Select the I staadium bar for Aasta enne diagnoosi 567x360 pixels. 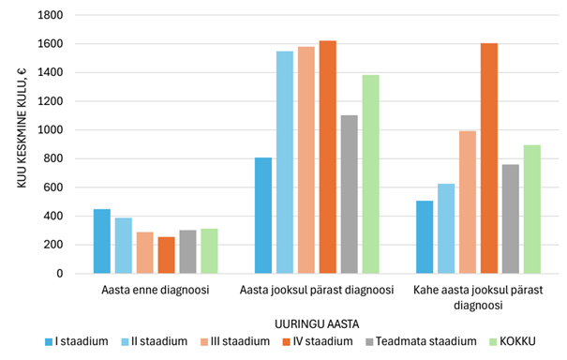(101, 241)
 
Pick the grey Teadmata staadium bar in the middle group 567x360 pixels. (349, 194)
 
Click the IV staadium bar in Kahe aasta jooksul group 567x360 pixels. (488, 158)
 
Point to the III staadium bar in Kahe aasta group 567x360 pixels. (467, 202)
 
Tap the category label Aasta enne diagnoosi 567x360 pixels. (155, 291)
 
